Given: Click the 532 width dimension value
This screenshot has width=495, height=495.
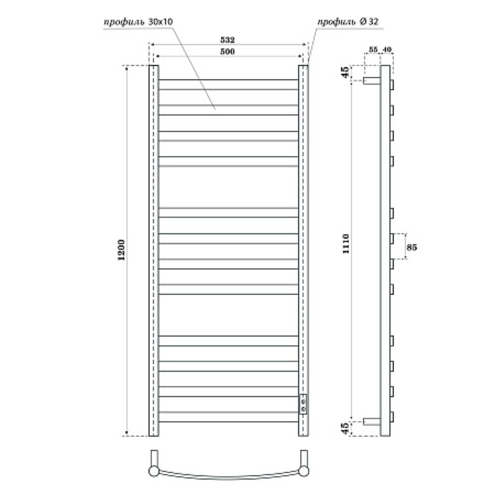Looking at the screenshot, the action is (227, 40).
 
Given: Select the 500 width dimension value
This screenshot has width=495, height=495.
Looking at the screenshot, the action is (227, 51).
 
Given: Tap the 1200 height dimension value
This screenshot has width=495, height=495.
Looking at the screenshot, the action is (121, 250).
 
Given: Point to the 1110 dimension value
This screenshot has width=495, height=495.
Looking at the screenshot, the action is (346, 244).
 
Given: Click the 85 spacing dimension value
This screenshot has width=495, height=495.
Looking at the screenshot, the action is (412, 247).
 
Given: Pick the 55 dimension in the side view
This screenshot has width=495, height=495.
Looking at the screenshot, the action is (373, 49).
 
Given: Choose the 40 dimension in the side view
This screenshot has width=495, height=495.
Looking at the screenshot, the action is (387, 49).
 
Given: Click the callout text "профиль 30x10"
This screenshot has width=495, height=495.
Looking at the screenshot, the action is (138, 22).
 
